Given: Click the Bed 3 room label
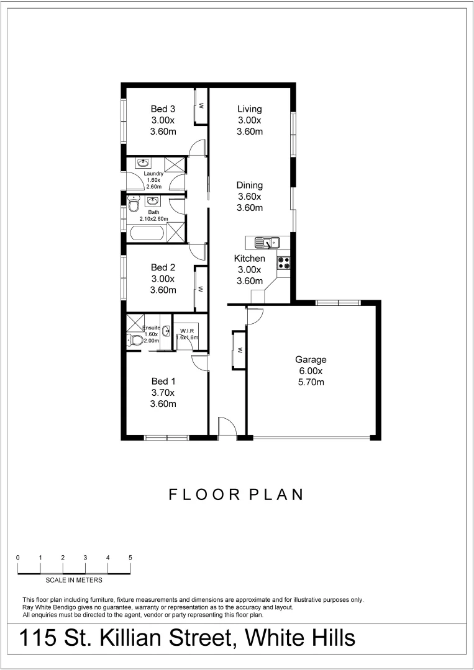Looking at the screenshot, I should click(163, 109).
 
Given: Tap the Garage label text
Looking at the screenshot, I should click(311, 359).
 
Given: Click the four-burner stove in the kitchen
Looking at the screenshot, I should click(284, 262).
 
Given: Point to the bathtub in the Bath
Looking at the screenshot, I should click(147, 234).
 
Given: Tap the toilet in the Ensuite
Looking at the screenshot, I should click(134, 340).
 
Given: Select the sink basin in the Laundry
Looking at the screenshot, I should click(143, 164).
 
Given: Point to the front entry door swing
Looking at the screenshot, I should click(227, 428).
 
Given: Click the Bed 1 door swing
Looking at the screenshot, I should click(200, 364).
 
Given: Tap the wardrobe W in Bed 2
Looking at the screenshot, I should click(201, 288).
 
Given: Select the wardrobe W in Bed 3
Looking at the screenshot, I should click(201, 106).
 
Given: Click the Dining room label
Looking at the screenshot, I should click(249, 185).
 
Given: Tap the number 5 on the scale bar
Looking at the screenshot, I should click(130, 558).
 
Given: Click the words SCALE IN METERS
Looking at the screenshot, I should click(74, 581).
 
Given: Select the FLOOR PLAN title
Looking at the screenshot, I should click(236, 494).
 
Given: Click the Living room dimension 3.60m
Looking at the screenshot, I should click(249, 132).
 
